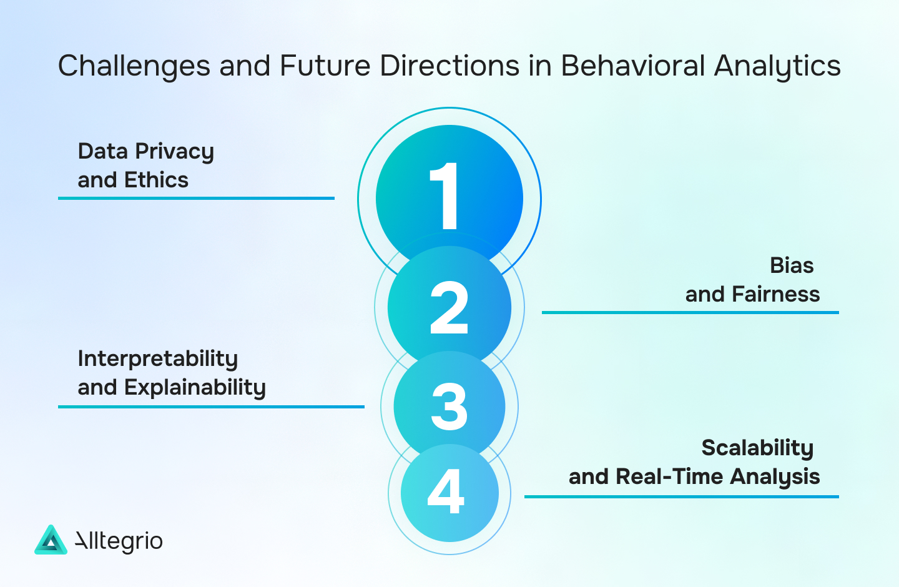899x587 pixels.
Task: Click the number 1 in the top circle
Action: [446, 196]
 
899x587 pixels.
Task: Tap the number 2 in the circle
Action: [449, 307]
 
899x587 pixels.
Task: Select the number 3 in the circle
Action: [449, 407]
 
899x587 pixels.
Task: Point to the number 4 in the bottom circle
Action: [446, 491]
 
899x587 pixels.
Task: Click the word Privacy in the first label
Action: [175, 152]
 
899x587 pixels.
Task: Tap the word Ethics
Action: [156, 180]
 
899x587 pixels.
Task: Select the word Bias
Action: [791, 265]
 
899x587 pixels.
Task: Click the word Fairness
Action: [775, 294]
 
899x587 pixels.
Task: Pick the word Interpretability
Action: [158, 359]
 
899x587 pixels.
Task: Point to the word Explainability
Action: [195, 388]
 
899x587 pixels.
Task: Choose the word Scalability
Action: [757, 448]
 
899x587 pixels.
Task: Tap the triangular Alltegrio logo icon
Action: [51, 541]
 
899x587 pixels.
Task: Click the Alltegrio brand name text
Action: [119, 541]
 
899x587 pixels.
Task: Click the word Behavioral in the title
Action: [632, 66]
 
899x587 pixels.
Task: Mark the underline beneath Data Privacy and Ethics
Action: [196, 199]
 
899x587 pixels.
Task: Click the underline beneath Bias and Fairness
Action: [690, 312]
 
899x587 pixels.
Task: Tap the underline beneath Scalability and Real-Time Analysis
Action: [681, 497]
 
